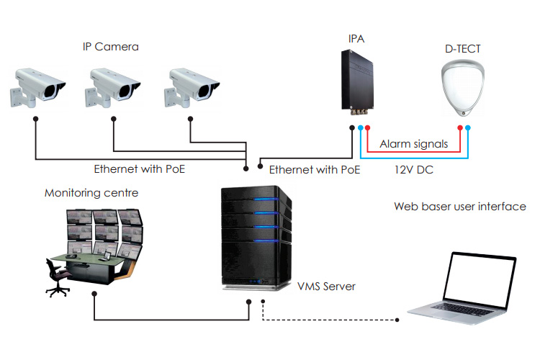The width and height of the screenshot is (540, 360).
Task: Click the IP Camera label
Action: pyautogui.click(x=110, y=48)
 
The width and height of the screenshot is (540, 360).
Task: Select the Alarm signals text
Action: pyautogui.click(x=413, y=144)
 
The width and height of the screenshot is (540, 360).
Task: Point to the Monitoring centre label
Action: pyautogui.click(x=91, y=193)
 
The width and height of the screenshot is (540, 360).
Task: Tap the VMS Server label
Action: pyautogui.click(x=326, y=287)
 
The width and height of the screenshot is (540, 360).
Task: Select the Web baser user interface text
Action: pyautogui.click(x=459, y=207)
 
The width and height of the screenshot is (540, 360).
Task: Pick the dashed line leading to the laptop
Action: pyautogui.click(x=331, y=319)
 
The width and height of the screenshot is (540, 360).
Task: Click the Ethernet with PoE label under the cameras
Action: pyautogui.click(x=140, y=170)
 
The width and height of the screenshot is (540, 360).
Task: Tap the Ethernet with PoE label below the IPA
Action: pyautogui.click(x=315, y=170)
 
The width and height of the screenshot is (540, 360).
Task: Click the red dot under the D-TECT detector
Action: pyautogui.click(x=459, y=128)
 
